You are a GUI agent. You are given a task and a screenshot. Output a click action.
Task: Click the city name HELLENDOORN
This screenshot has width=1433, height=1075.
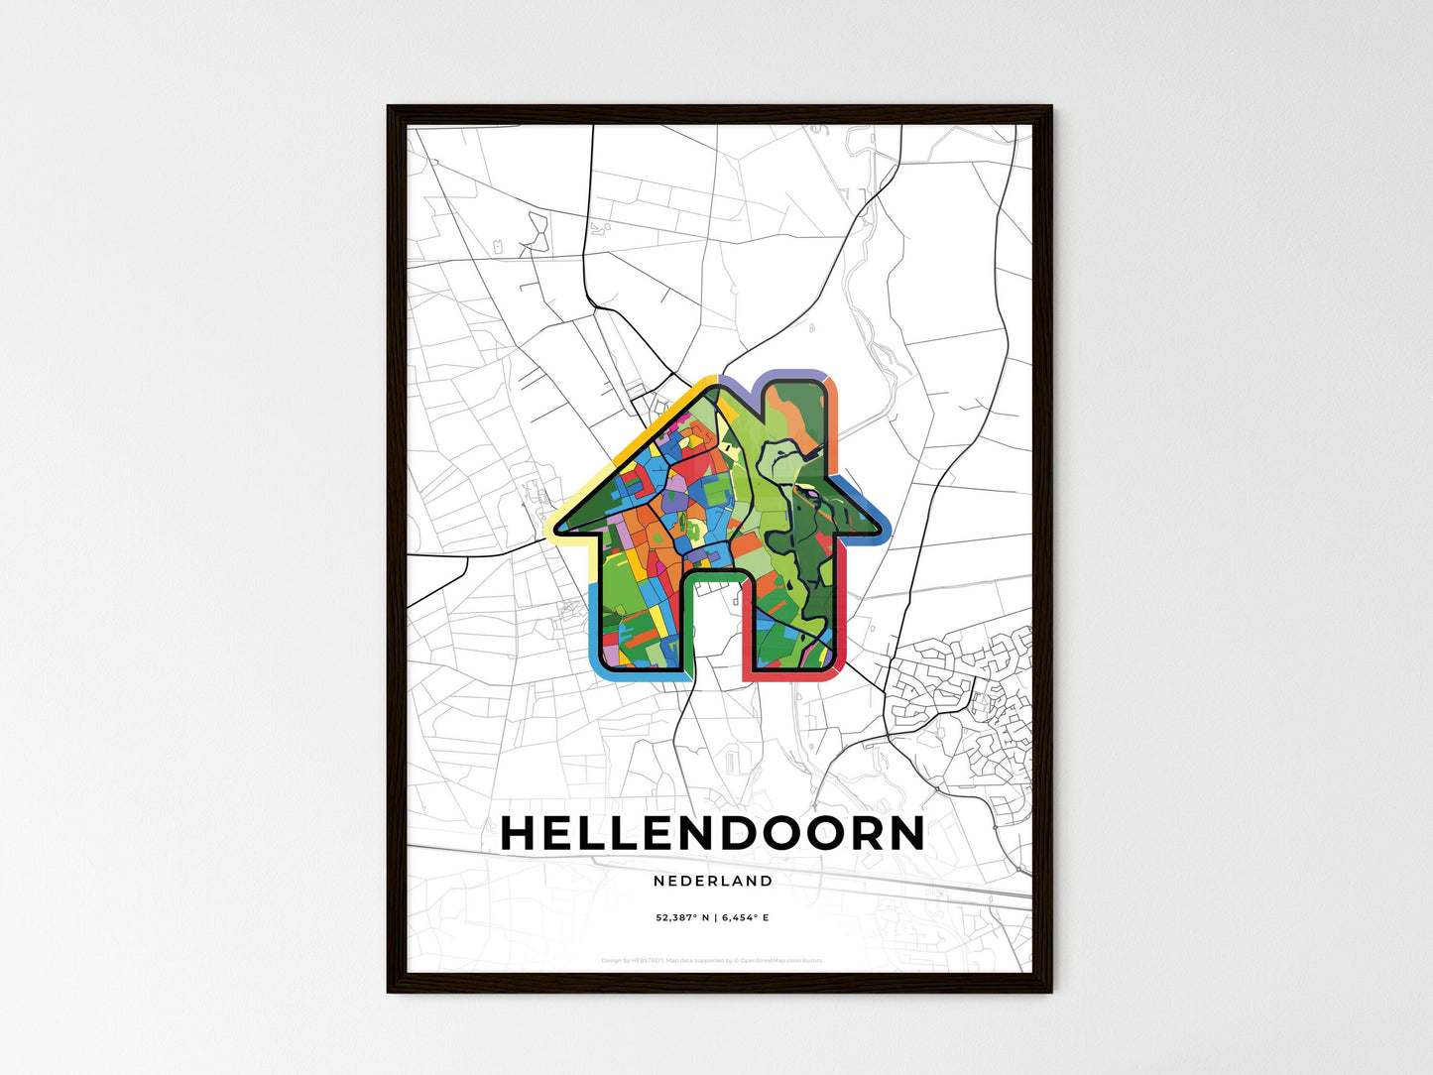[x=712, y=834]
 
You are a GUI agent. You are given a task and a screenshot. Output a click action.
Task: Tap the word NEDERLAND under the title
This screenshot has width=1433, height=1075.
[x=712, y=881]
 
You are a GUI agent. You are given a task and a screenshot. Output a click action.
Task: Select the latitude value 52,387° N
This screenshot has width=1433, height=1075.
[x=682, y=918]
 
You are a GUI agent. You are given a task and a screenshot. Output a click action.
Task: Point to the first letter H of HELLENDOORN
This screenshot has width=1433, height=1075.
[x=519, y=834]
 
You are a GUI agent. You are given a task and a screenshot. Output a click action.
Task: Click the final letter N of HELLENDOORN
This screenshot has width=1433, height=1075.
[x=904, y=834]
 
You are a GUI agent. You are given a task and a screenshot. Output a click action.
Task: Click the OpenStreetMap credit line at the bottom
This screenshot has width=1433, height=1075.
[x=712, y=960]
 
